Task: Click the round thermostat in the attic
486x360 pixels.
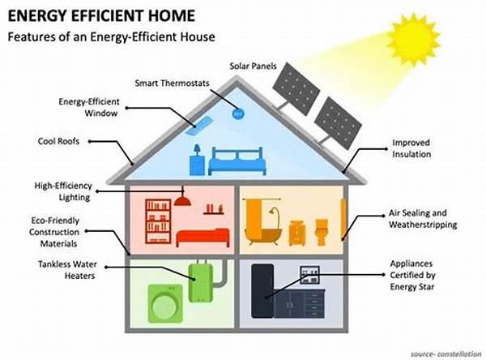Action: coord(238,114)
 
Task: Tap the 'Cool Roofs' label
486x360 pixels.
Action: coord(58,140)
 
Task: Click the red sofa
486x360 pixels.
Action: coord(203,237)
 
